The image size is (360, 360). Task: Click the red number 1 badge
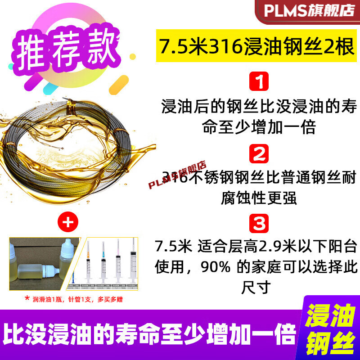(259, 84)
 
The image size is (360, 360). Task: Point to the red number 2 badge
(259, 155)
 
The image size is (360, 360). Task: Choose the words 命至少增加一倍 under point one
(259, 127)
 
